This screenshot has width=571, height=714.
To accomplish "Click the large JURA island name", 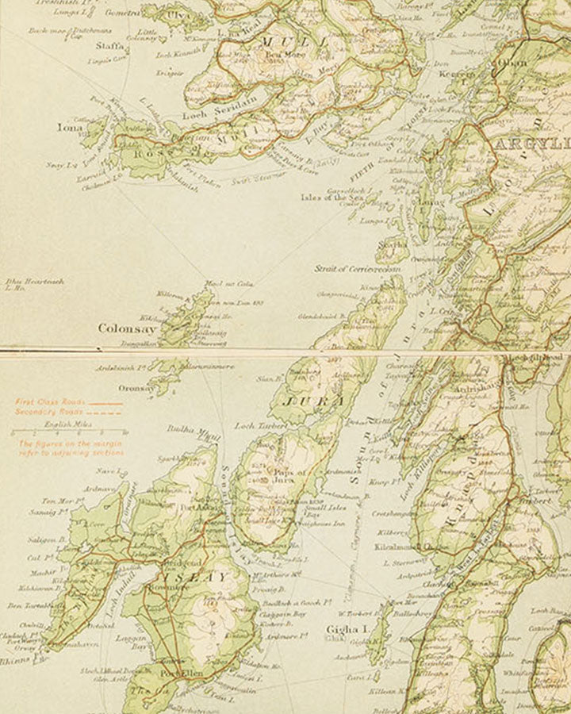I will click(316, 401).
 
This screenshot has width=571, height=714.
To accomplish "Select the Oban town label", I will click(511, 63).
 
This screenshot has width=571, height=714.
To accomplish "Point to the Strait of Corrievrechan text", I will click(357, 270).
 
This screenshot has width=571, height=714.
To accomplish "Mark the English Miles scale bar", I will click(67, 433).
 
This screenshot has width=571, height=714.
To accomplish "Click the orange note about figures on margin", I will click(71, 448).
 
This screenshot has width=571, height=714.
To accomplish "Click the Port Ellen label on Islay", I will click(178, 675).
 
